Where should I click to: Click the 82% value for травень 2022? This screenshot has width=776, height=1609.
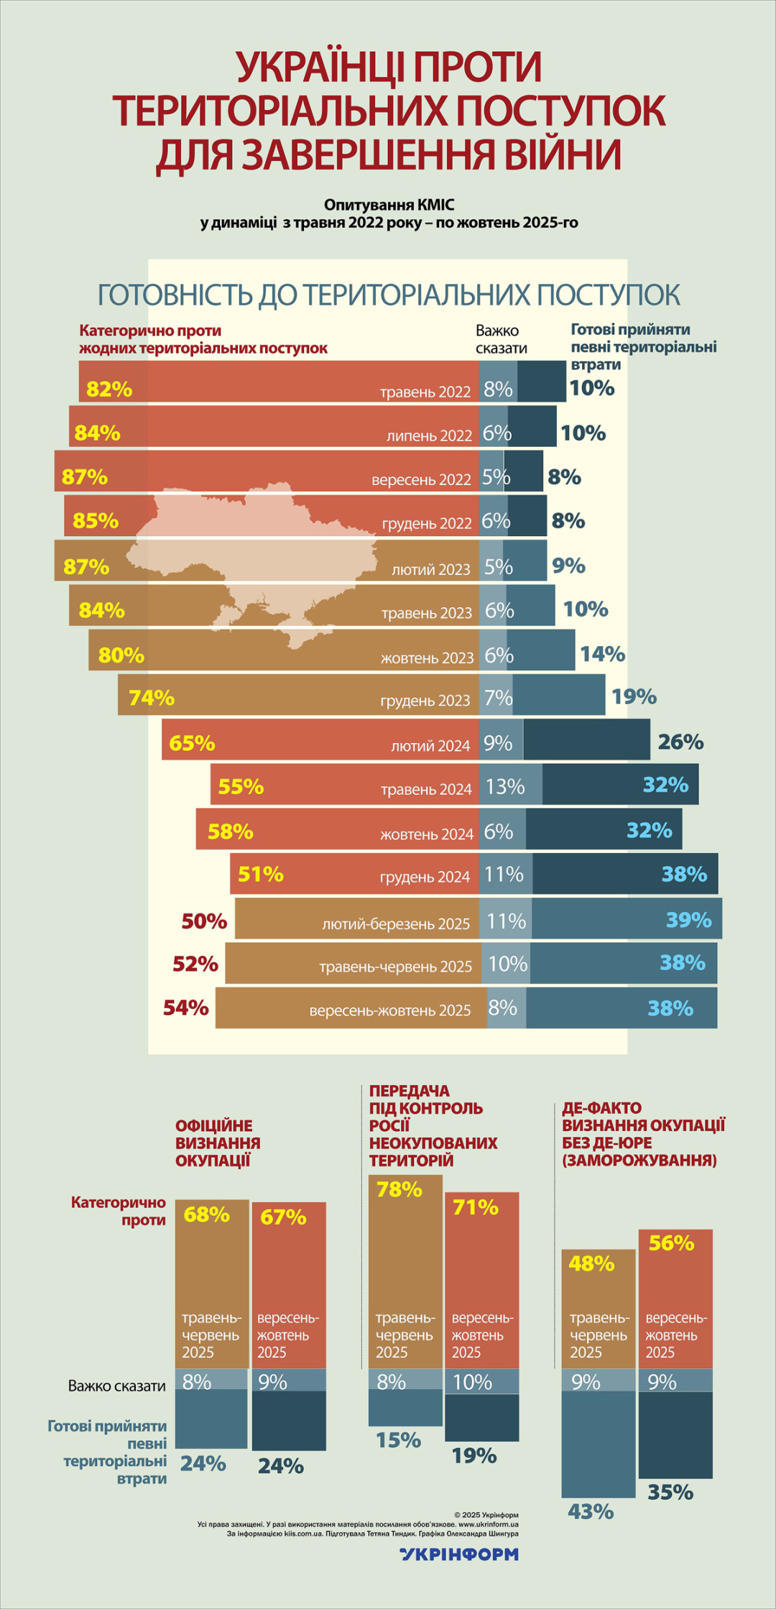(109, 389)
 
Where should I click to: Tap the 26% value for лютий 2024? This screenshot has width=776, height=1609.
(680, 742)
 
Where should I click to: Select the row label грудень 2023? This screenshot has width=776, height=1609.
(425, 701)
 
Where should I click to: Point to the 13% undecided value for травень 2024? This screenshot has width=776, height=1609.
(505, 786)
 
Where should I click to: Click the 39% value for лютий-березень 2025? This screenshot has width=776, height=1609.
(688, 920)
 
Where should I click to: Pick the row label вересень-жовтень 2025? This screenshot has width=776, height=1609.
(389, 1010)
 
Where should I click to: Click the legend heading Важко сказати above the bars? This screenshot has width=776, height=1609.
(501, 339)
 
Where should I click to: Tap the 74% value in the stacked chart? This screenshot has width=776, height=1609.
(152, 698)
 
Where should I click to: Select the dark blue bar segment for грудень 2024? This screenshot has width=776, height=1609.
(625, 874)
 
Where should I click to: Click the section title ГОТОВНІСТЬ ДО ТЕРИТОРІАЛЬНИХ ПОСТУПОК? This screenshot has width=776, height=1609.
(388, 295)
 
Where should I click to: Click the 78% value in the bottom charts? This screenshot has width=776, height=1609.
(399, 1190)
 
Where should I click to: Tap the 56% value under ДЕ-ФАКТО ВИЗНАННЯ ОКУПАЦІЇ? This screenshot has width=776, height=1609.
(671, 1243)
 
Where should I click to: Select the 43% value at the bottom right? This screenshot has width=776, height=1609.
(591, 1512)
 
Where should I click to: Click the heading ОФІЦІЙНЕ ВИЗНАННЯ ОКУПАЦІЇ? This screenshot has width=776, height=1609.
(218, 1143)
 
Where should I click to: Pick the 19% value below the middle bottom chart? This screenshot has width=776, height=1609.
(474, 1456)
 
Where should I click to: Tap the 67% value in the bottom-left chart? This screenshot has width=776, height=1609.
(283, 1217)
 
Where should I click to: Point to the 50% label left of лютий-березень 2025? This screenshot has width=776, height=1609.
(204, 921)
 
